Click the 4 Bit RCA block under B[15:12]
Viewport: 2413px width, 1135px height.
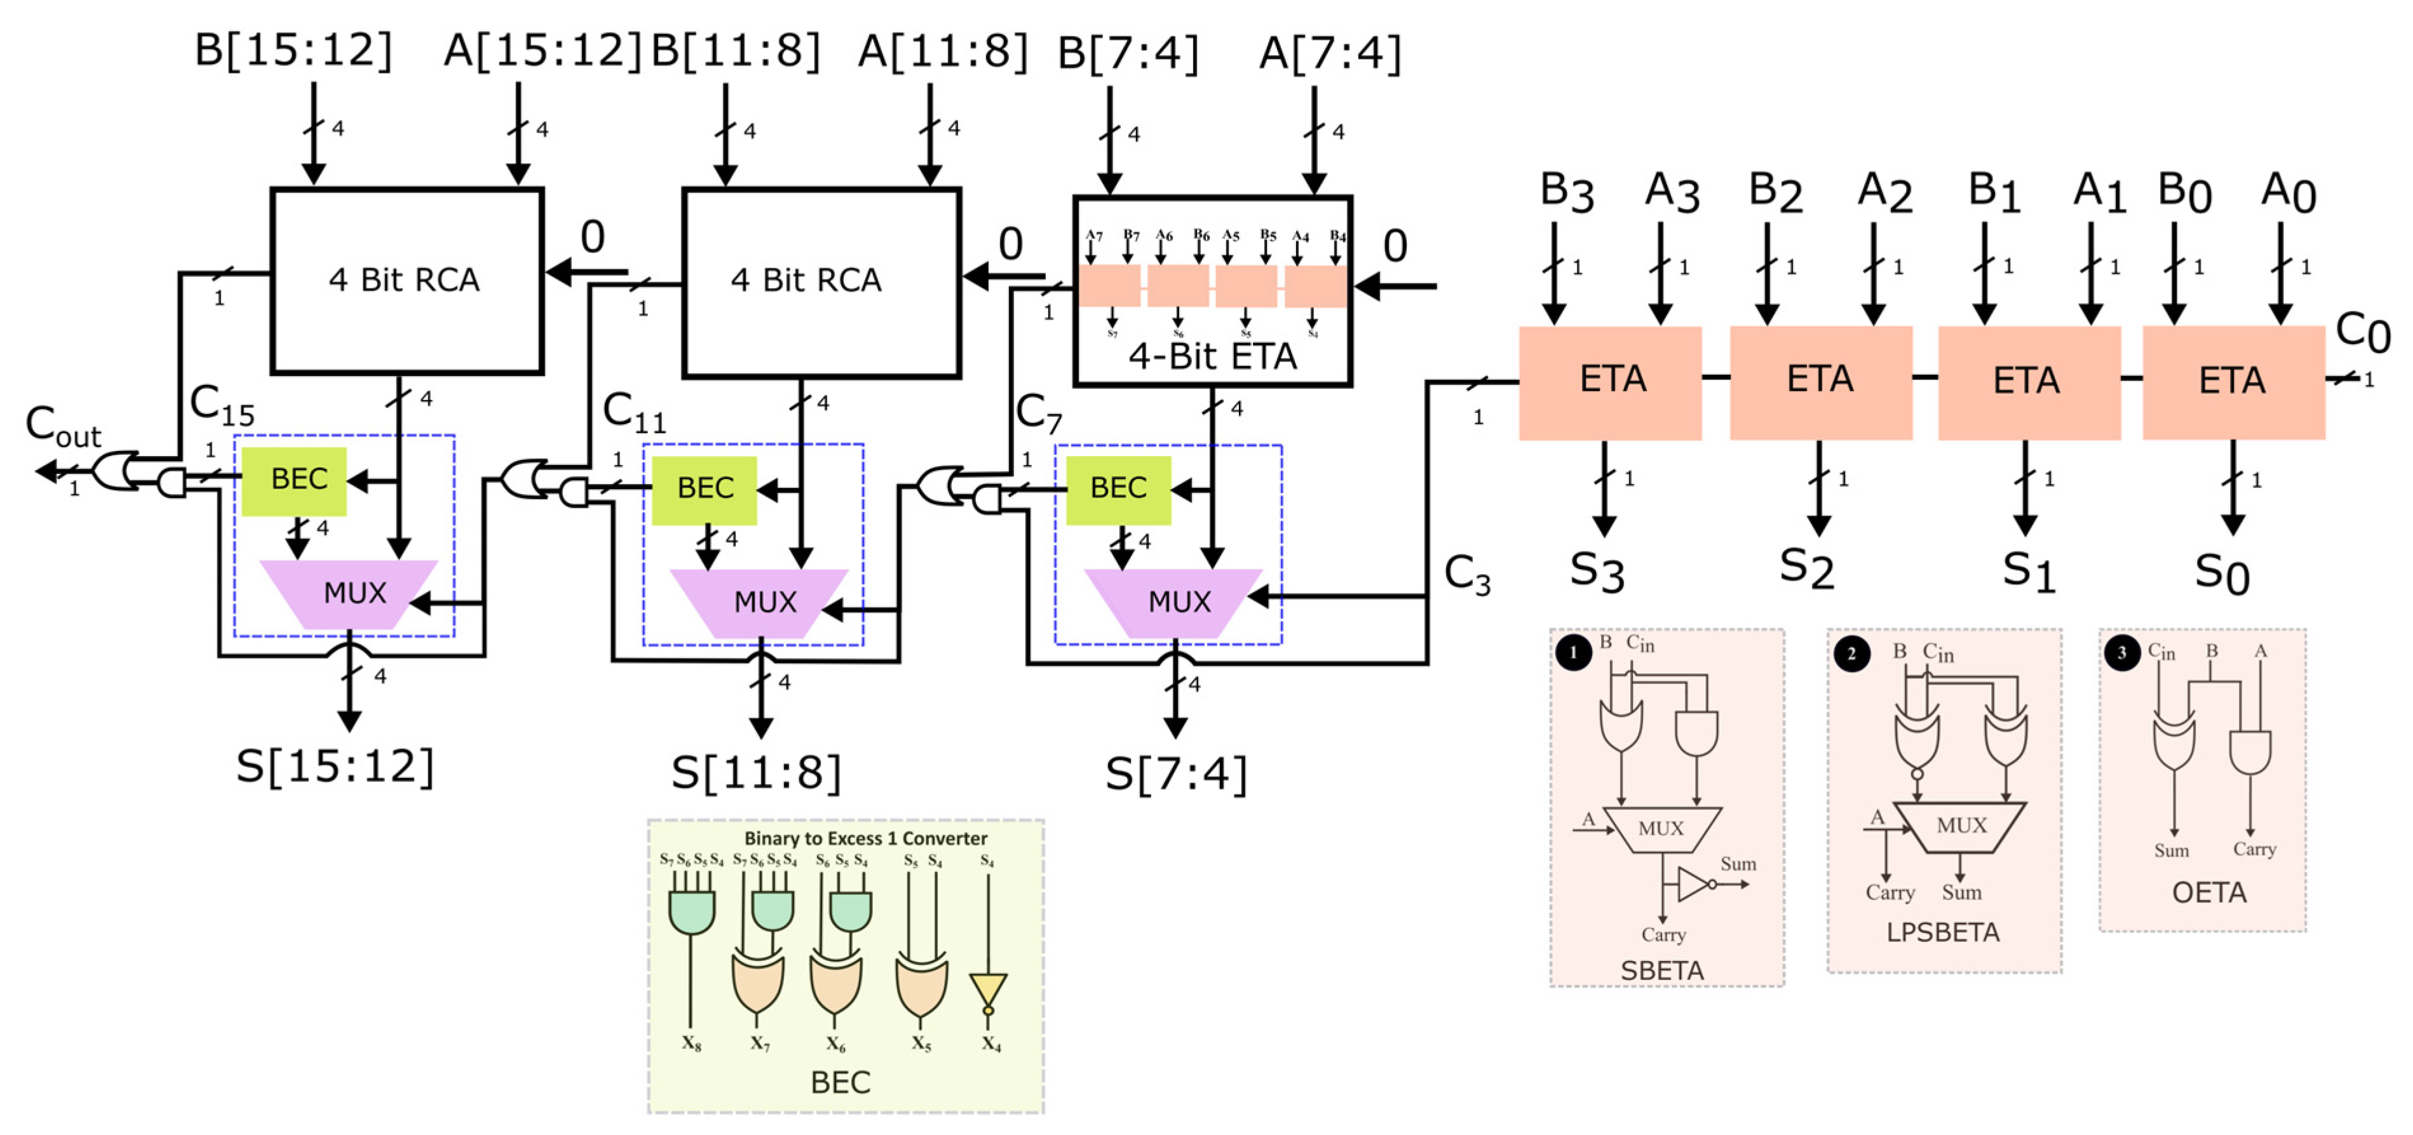tap(405, 280)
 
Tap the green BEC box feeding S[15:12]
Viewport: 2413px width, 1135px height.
tap(295, 480)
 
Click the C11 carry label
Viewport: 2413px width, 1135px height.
tap(633, 412)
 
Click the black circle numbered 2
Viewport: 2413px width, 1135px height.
tap(1850, 654)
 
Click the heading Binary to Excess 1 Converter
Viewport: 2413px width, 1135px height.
tap(865, 838)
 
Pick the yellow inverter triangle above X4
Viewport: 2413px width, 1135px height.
tap(987, 989)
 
